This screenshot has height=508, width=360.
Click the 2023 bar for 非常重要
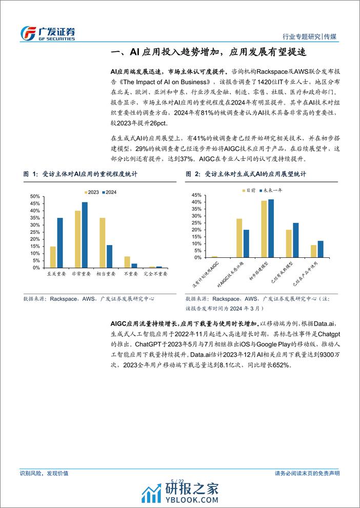pyautogui.click(x=78, y=239)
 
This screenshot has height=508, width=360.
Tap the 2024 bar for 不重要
pyautogui.click(x=134, y=265)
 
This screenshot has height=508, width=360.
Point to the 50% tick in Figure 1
pyautogui.click(x=33, y=196)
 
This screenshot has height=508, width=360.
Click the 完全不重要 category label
pyautogui.click(x=155, y=274)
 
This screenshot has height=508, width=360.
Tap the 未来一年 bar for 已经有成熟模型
pyautogui.click(x=295, y=240)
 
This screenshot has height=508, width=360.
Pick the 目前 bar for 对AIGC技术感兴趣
pyautogui.click(x=239, y=238)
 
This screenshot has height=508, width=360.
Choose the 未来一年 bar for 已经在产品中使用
pyautogui.click(x=321, y=249)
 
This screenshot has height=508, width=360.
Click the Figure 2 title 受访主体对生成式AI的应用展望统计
pyautogui.click(x=255, y=174)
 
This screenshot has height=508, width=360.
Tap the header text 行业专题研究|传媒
pyautogui.click(x=313, y=37)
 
